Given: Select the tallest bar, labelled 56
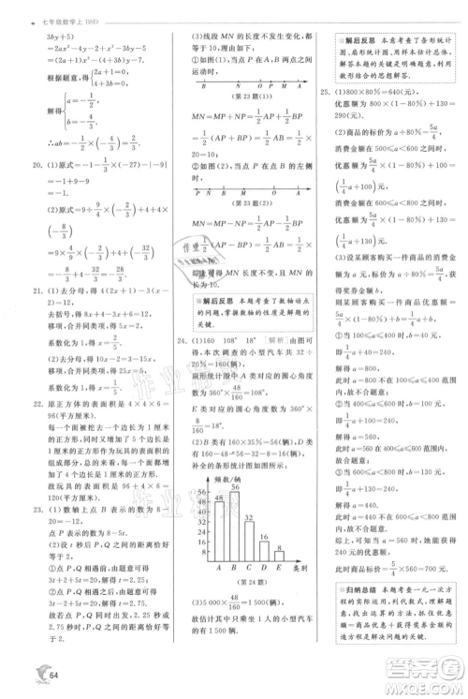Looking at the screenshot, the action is (x=235, y=526).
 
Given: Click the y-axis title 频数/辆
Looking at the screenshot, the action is (x=218, y=478).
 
